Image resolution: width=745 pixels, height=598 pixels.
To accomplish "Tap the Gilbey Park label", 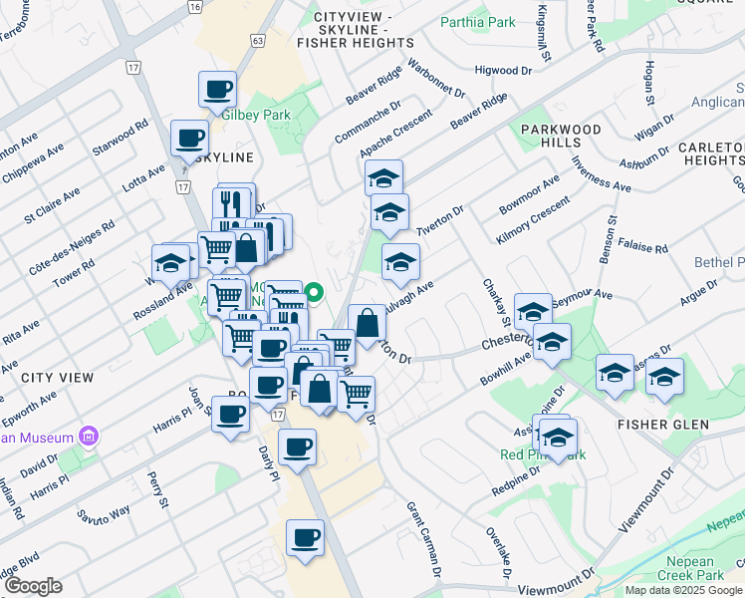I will pyautogui.click(x=256, y=115).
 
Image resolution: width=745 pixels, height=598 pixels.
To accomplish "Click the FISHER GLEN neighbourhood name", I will pyautogui.click(x=663, y=425).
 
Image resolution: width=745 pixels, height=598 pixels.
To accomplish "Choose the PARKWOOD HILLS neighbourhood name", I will pyautogui.click(x=562, y=137).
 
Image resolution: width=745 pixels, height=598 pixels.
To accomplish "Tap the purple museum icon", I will pyautogui.click(x=90, y=437).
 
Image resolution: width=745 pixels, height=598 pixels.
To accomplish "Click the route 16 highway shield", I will pyautogui.click(x=195, y=6).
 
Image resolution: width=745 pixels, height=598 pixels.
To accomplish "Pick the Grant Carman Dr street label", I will pyautogui.click(x=422, y=539).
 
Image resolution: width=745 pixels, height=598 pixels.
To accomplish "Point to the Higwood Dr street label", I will pyautogui.click(x=504, y=71).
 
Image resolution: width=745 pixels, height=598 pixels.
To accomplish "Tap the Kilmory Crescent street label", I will pyautogui.click(x=532, y=221).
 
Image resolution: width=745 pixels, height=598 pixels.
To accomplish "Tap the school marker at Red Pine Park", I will pyautogui.click(x=559, y=439).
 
